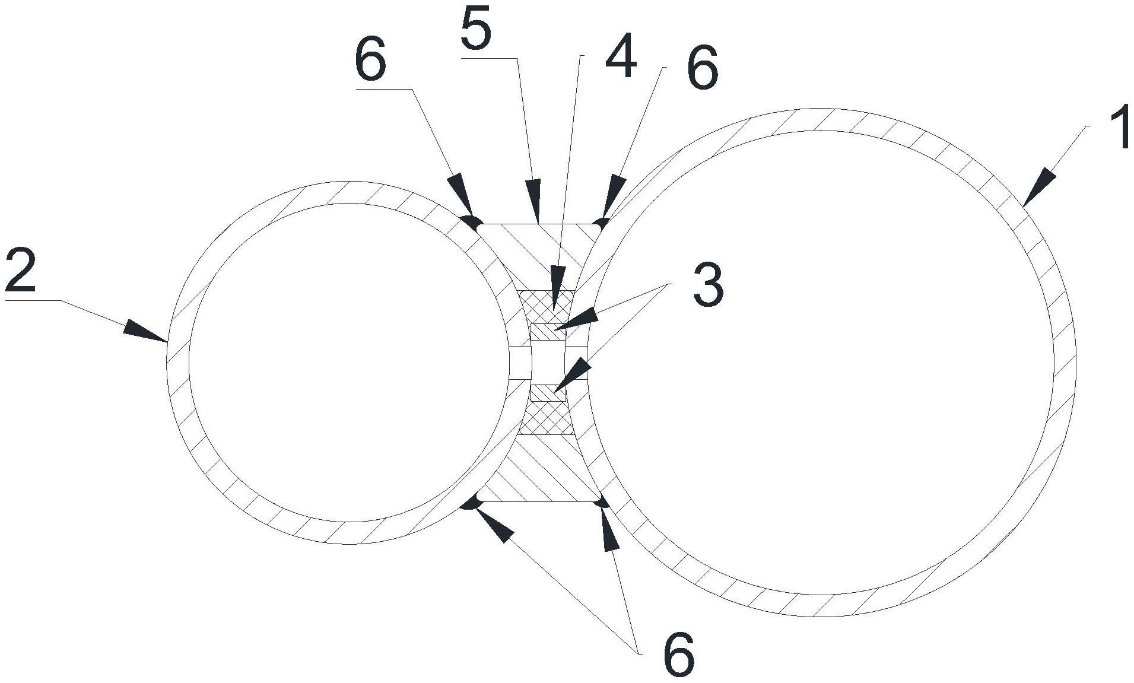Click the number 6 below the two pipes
click(x=678, y=655)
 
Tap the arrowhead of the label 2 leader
click(x=142, y=331)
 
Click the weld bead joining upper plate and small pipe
click(x=472, y=223)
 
